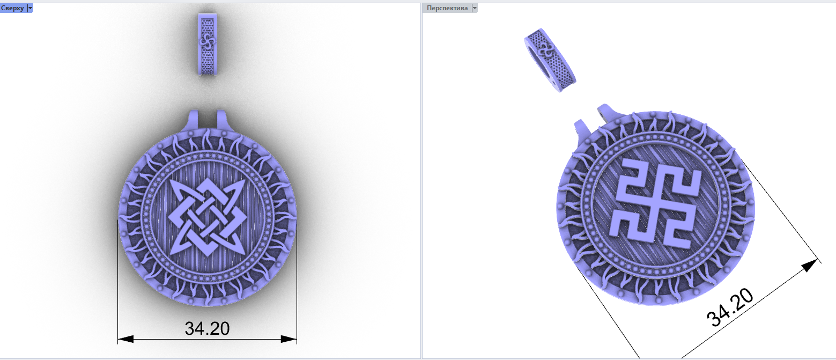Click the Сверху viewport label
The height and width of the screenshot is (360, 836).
(12, 8)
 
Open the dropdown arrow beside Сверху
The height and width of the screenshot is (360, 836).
(30, 8)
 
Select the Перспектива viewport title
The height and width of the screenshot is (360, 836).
(447, 8)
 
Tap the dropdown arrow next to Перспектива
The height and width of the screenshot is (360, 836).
(475, 8)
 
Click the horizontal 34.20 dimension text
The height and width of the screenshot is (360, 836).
(207, 329)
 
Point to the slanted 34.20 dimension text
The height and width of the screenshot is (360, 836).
(730, 308)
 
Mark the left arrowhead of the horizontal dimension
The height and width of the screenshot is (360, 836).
(125, 339)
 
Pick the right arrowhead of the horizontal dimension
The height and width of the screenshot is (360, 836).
(289, 339)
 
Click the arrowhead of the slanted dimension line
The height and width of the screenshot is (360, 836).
(809, 266)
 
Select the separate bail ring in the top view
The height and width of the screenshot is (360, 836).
(208, 45)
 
